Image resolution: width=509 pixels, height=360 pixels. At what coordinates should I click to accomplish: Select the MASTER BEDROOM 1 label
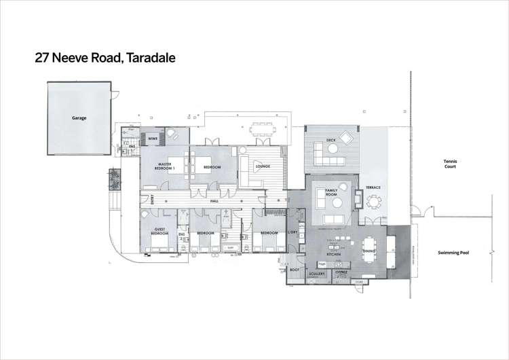[x=164, y=165]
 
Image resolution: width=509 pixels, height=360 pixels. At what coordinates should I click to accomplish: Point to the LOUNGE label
[x=263, y=166]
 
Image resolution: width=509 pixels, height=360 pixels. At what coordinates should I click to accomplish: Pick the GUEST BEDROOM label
[x=160, y=232]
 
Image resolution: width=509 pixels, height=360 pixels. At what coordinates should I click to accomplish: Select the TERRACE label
[x=373, y=187]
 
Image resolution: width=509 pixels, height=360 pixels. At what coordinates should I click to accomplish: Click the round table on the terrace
[x=374, y=202]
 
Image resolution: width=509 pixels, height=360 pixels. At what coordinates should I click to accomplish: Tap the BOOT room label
[x=295, y=270]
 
